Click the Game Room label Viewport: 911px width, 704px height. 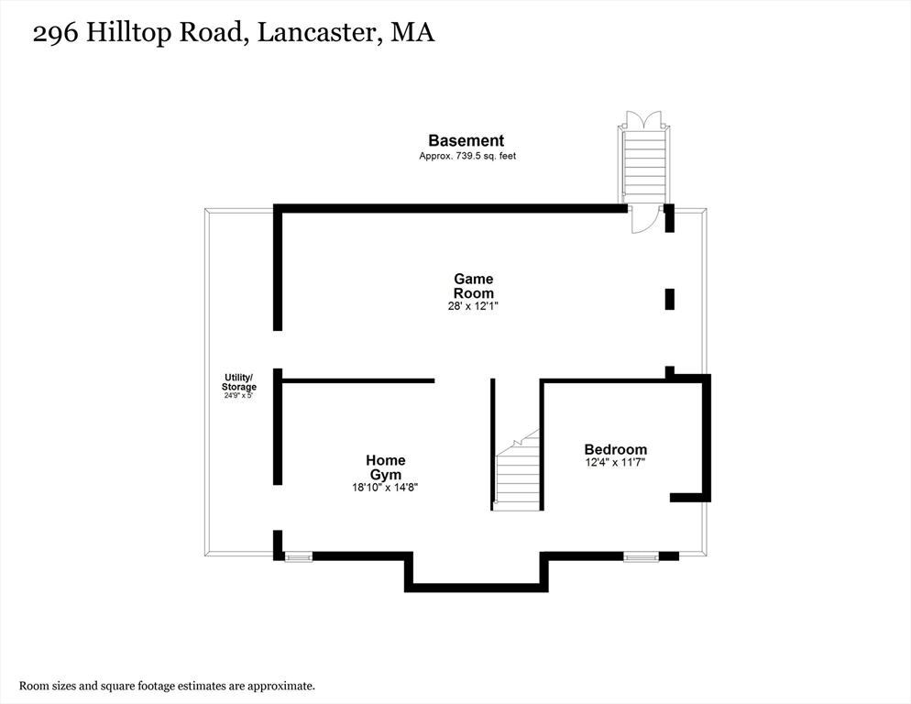pyautogui.click(x=473, y=286)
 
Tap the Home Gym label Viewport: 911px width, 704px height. pyautogui.click(x=385, y=467)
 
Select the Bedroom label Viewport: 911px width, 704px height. pyautogui.click(x=615, y=449)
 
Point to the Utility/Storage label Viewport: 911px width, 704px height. pyautogui.click(x=240, y=382)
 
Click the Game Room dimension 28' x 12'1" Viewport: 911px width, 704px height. pyautogui.click(x=473, y=307)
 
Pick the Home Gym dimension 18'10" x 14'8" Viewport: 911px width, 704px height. pyautogui.click(x=385, y=488)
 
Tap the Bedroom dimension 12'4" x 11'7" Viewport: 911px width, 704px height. pyautogui.click(x=615, y=463)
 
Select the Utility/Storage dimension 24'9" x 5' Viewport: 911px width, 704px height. pyautogui.click(x=240, y=395)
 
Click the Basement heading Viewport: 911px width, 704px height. pyautogui.click(x=466, y=140)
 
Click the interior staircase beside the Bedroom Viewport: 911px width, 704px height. pyautogui.click(x=518, y=472)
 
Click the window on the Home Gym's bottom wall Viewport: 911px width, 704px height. pyautogui.click(x=298, y=556)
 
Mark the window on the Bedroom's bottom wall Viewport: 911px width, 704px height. pyautogui.click(x=641, y=556)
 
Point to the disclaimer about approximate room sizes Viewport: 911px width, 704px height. pyautogui.click(x=168, y=686)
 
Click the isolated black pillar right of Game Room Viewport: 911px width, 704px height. pyautogui.click(x=669, y=299)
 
